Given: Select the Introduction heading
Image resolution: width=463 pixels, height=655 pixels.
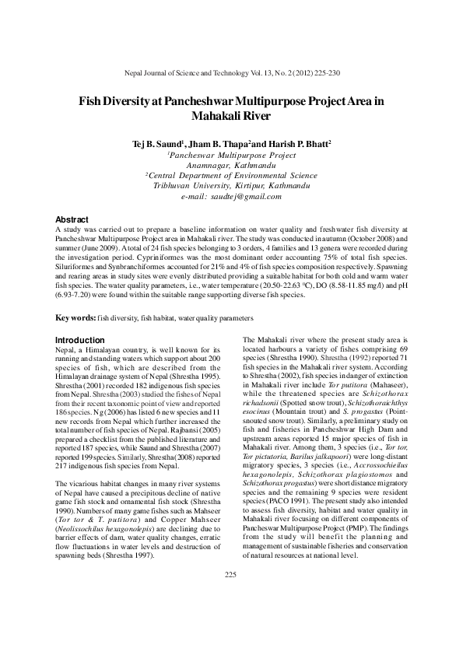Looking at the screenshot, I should [81, 340].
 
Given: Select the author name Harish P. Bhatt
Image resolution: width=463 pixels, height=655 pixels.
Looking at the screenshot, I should [300, 144].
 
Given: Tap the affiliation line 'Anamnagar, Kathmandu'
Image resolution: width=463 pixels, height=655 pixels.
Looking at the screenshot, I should [231, 166].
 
